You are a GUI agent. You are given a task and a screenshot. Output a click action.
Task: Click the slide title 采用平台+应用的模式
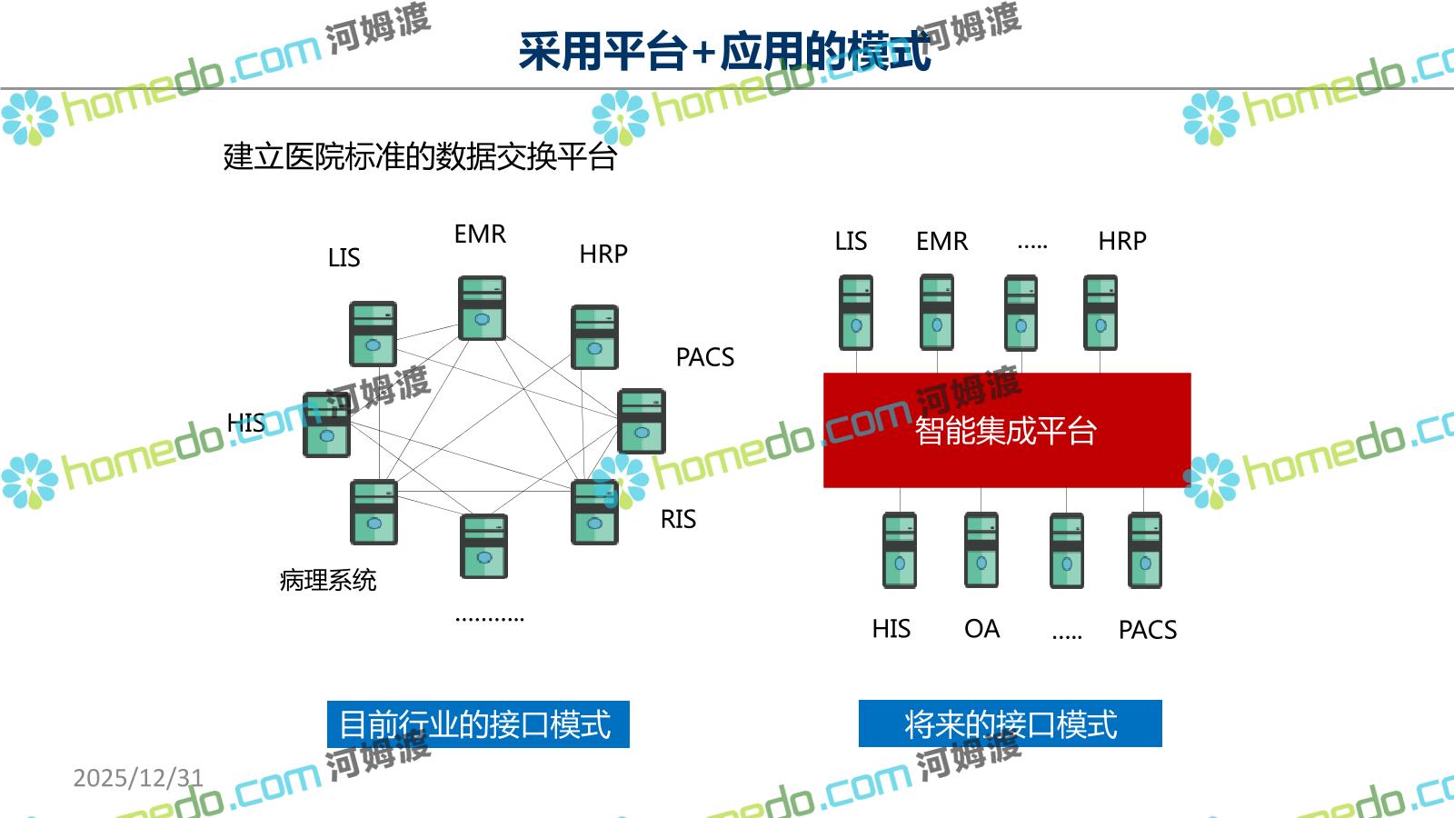tap(724, 51)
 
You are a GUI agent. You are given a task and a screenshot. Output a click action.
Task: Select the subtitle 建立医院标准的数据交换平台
tap(420, 156)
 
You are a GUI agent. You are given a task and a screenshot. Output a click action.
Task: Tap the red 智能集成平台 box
tap(1006, 430)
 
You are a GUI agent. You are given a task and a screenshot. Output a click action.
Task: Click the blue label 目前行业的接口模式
tap(477, 724)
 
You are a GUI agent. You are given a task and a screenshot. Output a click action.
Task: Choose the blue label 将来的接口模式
tap(1010, 724)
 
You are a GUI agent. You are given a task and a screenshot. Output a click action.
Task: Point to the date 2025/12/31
tap(138, 778)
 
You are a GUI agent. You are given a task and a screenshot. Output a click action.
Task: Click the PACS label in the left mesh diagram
tap(704, 357)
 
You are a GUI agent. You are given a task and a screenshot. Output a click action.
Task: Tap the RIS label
tap(678, 519)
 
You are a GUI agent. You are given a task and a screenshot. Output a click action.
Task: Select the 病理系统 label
tap(327, 580)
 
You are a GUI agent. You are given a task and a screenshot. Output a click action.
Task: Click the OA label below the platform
tap(981, 629)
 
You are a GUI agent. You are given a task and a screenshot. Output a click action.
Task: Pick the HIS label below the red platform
tap(891, 629)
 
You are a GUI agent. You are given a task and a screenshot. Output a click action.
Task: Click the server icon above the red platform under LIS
tap(855, 313)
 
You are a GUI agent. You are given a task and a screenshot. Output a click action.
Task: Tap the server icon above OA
tap(981, 550)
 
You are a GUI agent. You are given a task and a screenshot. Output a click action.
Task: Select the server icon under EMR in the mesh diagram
tap(482, 308)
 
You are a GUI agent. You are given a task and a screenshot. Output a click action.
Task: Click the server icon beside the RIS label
tap(594, 512)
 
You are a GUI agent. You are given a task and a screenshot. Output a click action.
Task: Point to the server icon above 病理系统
tap(373, 512)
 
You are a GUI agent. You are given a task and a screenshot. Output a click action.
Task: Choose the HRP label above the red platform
tap(1121, 241)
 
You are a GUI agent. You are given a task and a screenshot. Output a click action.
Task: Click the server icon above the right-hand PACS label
tap(1144, 550)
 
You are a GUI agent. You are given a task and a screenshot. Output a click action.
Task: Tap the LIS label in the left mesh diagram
tap(344, 258)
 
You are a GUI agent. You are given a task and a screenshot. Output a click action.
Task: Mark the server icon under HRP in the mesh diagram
tap(594, 336)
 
